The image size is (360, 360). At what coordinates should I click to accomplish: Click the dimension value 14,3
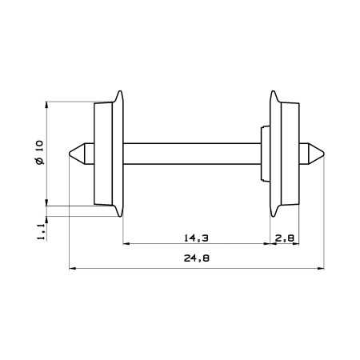click(196, 238)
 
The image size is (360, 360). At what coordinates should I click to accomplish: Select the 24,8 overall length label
click(197, 258)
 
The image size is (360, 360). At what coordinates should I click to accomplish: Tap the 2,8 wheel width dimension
click(285, 238)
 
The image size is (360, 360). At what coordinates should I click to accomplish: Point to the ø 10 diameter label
click(39, 152)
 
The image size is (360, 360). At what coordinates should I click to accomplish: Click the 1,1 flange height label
click(41, 232)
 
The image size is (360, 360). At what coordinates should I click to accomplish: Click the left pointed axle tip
click(70, 154)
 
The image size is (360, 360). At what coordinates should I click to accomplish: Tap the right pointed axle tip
click(324, 154)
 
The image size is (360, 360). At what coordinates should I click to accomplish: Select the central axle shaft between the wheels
click(192, 154)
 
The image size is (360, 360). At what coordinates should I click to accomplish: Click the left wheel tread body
click(103, 154)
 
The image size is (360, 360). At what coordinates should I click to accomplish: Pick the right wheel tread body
click(290, 154)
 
